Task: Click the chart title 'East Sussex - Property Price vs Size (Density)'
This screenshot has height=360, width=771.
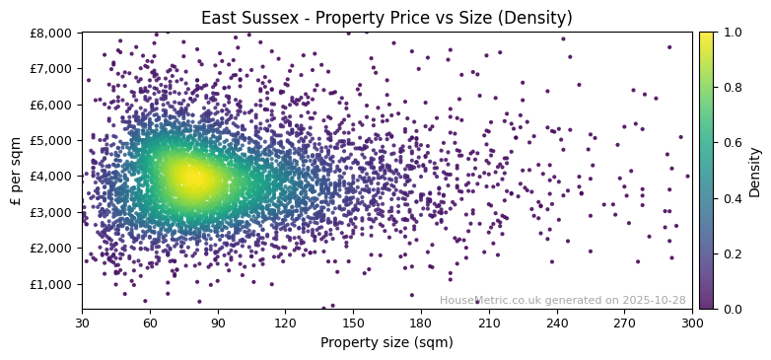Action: [x=386, y=18]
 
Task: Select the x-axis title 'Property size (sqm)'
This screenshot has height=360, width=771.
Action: [x=386, y=343]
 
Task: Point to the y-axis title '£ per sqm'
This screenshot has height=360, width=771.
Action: [x=16, y=171]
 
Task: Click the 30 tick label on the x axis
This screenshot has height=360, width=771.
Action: [x=82, y=322]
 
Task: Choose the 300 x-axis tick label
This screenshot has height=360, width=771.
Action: [x=692, y=322]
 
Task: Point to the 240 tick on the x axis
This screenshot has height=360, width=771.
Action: [x=557, y=322]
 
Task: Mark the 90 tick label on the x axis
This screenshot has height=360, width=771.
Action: [x=218, y=322]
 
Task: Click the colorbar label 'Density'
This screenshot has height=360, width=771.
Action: [x=755, y=171]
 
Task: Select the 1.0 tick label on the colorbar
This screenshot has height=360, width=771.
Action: [x=731, y=33]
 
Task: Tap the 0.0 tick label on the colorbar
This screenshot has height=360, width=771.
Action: [x=731, y=309]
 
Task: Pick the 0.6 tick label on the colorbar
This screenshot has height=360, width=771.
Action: [x=731, y=143]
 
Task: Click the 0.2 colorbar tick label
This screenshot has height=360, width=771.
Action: [x=731, y=253]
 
